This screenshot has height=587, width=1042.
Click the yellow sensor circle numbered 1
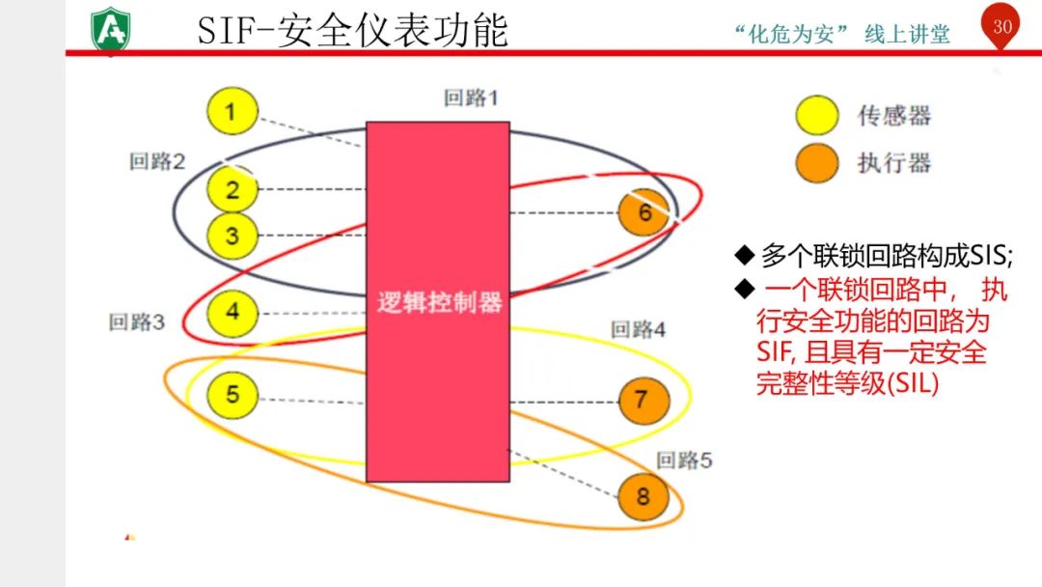click(233, 111)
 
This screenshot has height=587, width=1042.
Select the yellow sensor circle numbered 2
click(233, 189)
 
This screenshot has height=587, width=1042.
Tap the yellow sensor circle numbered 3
click(233, 235)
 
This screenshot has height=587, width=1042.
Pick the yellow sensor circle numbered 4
click(233, 313)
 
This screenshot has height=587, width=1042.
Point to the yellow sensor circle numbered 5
click(233, 394)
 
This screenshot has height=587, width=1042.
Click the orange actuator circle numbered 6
click(644, 212)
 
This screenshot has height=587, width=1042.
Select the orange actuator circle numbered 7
click(644, 399)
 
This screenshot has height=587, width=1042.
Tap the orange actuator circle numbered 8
click(644, 498)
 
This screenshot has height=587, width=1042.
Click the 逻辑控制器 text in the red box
click(439, 302)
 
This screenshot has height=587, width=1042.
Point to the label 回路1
click(472, 98)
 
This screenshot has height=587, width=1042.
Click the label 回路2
click(157, 161)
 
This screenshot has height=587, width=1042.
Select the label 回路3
click(137, 321)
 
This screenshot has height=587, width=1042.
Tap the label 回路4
click(638, 330)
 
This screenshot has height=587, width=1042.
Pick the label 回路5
click(684, 461)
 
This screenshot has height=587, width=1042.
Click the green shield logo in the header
click(112, 30)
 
